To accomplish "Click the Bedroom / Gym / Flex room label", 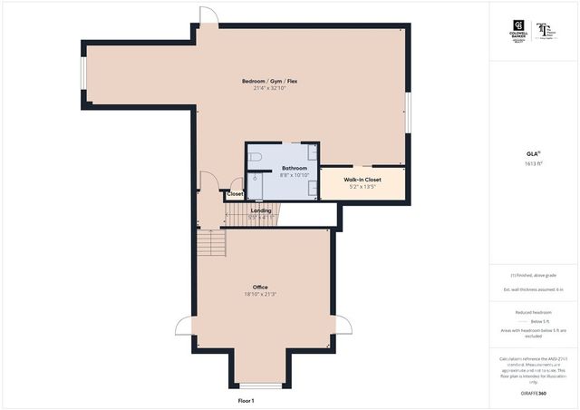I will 269,82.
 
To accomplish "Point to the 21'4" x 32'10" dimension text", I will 269,89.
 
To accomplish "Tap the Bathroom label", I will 294,168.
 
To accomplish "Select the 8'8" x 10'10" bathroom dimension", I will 294,175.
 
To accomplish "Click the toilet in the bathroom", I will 256,160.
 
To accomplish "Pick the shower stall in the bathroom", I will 256,185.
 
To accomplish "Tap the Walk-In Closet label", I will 362,180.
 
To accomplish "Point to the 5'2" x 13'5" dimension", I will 362,187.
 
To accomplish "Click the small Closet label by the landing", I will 235,193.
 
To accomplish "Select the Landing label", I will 261,210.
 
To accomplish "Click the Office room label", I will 260,287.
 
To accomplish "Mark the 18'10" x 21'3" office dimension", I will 260,294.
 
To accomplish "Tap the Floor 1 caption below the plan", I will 246,400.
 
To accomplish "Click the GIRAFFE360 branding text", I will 535,394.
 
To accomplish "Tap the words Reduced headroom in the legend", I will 535,311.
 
